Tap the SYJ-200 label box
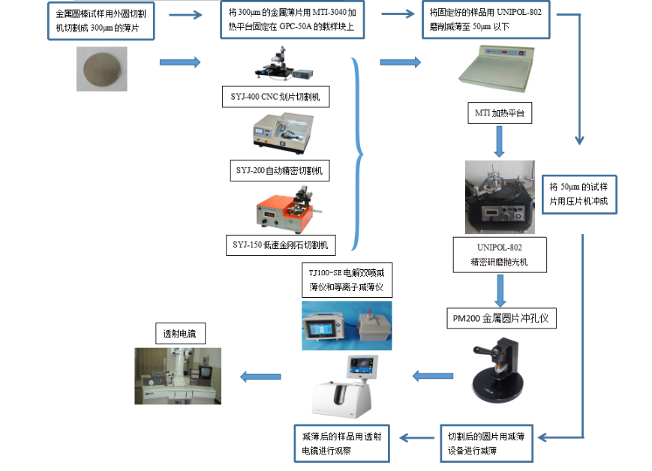click(x=278, y=170)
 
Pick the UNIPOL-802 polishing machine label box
click(x=498, y=255)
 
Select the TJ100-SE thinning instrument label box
click(x=347, y=278)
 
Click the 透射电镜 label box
click(x=179, y=333)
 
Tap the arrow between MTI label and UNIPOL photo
click(x=498, y=141)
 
